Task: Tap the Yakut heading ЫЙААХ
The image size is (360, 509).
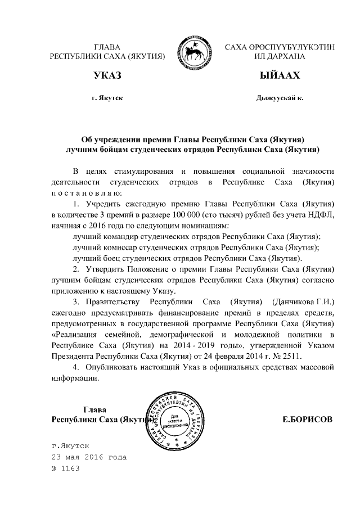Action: (280, 75)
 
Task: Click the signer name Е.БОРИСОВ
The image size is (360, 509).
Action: (306, 420)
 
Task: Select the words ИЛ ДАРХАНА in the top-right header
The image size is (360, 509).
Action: (280, 57)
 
